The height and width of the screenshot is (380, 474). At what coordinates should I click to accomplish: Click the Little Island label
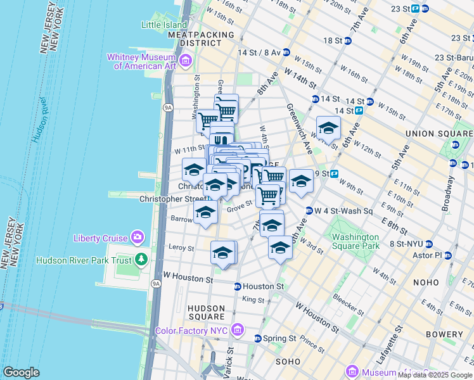pyautogui.click(x=163, y=25)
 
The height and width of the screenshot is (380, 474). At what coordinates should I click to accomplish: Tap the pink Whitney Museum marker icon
pyautogui.click(x=186, y=61)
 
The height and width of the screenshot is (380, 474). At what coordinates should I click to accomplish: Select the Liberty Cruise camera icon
pyautogui.click(x=138, y=237)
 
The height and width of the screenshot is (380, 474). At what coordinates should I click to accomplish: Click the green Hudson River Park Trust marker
pyautogui.click(x=141, y=260)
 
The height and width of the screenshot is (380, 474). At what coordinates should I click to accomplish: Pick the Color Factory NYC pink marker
pyautogui.click(x=238, y=329)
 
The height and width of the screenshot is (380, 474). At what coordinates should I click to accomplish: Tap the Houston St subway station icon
pyautogui.click(x=238, y=286)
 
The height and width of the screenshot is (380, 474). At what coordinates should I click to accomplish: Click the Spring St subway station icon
pyautogui.click(x=258, y=338)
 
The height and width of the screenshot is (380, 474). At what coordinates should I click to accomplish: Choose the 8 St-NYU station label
pyautogui.click(x=408, y=244)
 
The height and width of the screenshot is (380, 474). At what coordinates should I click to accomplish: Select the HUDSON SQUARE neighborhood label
pyautogui.click(x=207, y=312)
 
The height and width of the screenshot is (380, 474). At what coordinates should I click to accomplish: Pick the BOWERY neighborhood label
pyautogui.click(x=448, y=334)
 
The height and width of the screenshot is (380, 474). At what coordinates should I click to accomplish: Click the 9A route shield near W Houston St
pyautogui.click(x=155, y=283)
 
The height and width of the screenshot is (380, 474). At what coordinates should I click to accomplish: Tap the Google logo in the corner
pyautogui.click(x=21, y=372)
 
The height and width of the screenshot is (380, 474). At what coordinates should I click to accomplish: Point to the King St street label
pyautogui.click(x=253, y=299)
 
